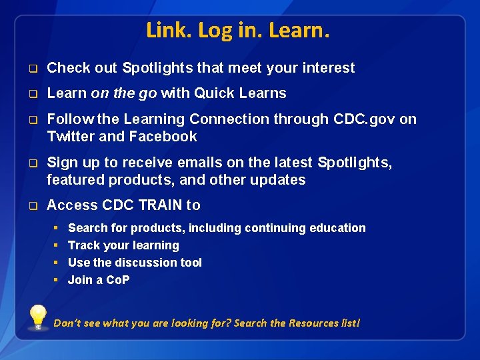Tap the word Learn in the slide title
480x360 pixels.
pyautogui.click(x=301, y=31)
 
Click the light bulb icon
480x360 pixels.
pyautogui.click(x=38, y=317)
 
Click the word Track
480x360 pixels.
pyautogui.click(x=83, y=245)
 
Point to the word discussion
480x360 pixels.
pyautogui.click(x=145, y=263)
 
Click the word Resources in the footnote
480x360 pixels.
pyautogui.click(x=313, y=323)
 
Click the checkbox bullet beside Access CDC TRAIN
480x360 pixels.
pyautogui.click(x=31, y=206)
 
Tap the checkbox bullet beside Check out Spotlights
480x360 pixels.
pyautogui.click(x=31, y=69)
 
